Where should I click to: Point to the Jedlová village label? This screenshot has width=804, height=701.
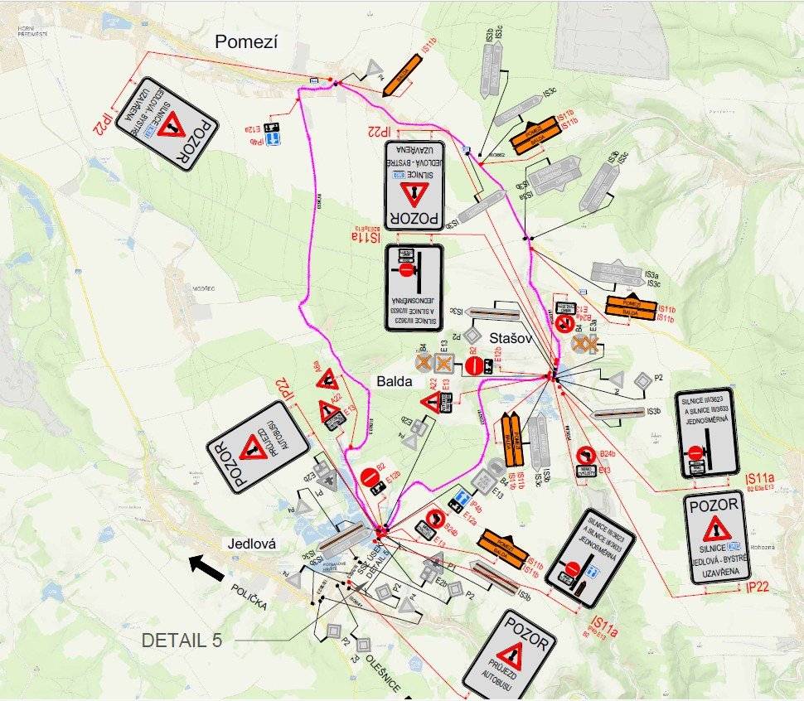[252, 544]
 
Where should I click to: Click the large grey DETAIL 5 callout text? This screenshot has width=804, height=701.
[184, 641]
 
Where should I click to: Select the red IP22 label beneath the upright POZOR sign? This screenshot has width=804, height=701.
[758, 587]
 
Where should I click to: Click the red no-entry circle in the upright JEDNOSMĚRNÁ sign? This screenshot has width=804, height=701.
[695, 452]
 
